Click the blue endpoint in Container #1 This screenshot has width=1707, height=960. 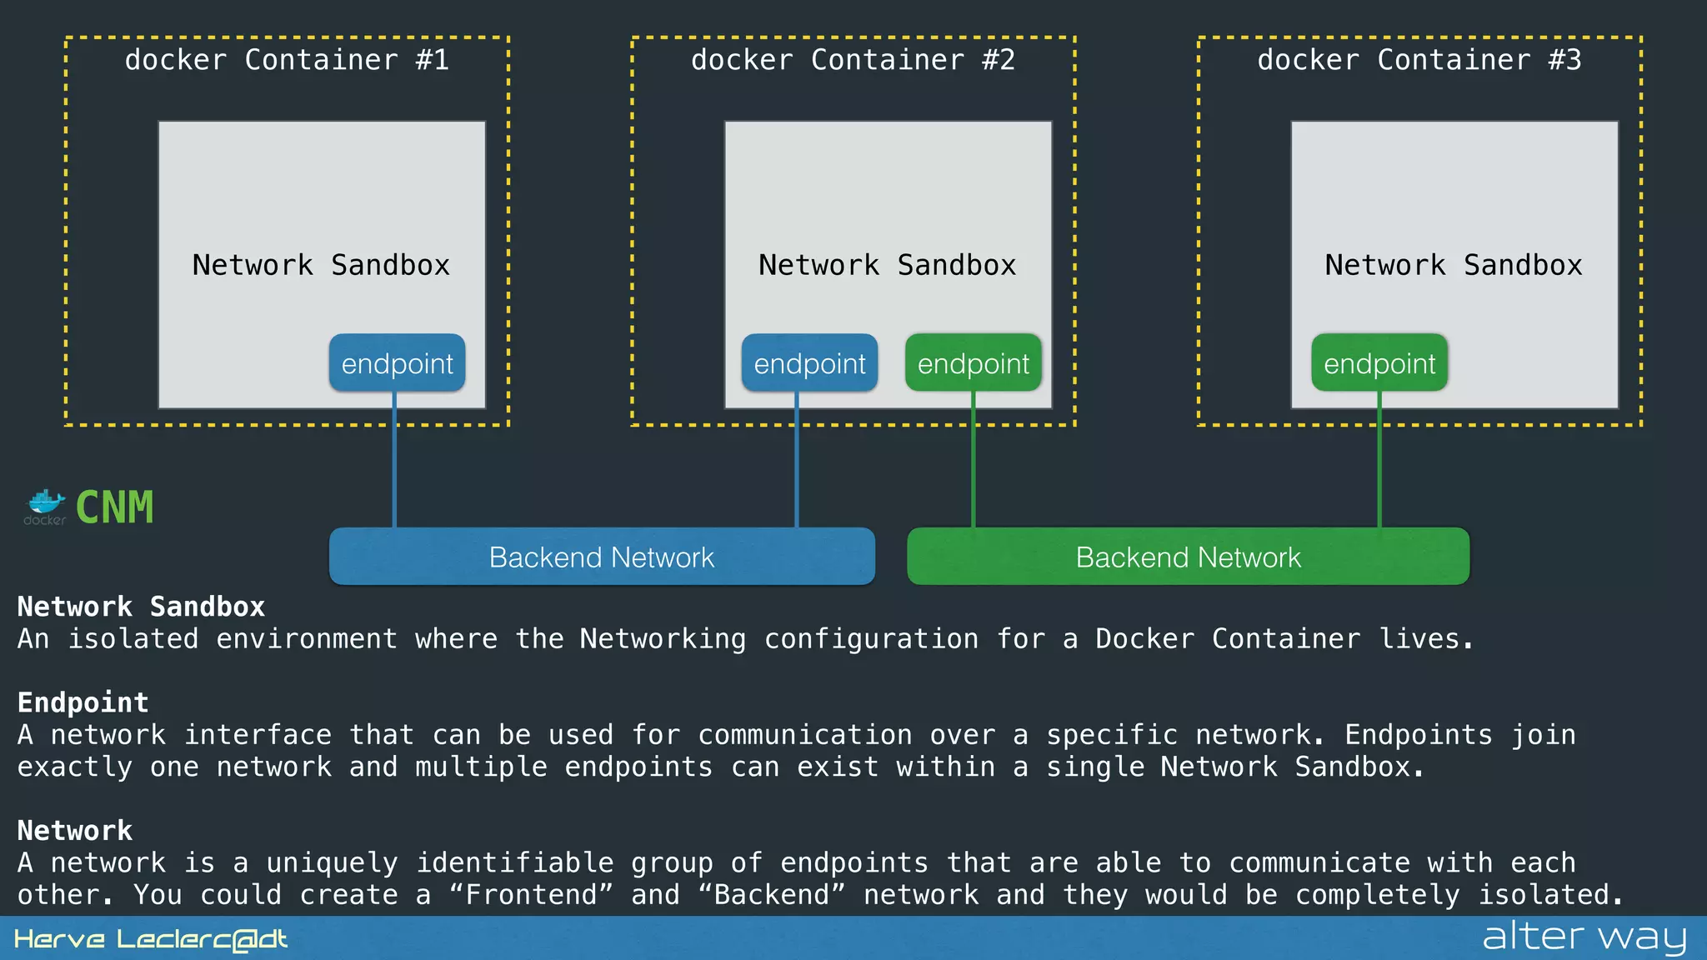click(x=397, y=363)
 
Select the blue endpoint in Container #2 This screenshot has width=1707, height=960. click(x=809, y=363)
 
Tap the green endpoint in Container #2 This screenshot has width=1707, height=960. click(x=973, y=363)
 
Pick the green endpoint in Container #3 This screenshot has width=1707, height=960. click(x=1379, y=363)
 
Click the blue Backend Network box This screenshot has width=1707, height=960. click(x=602, y=557)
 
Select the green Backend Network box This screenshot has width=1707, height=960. click(x=1188, y=557)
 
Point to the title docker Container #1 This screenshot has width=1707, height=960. click(x=287, y=60)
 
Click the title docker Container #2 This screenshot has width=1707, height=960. click(x=853, y=60)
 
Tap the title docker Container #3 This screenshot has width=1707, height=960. click(x=1419, y=60)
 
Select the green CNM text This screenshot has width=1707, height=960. click(x=115, y=507)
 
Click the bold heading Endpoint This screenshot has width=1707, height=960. click(x=83, y=702)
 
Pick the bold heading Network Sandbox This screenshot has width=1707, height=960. click(x=141, y=607)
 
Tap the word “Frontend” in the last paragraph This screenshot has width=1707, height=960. click(x=531, y=894)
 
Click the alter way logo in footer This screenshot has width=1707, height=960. click(x=1584, y=937)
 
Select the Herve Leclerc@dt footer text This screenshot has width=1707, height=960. click(x=151, y=939)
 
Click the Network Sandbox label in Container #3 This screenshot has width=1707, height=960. click(x=1453, y=265)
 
